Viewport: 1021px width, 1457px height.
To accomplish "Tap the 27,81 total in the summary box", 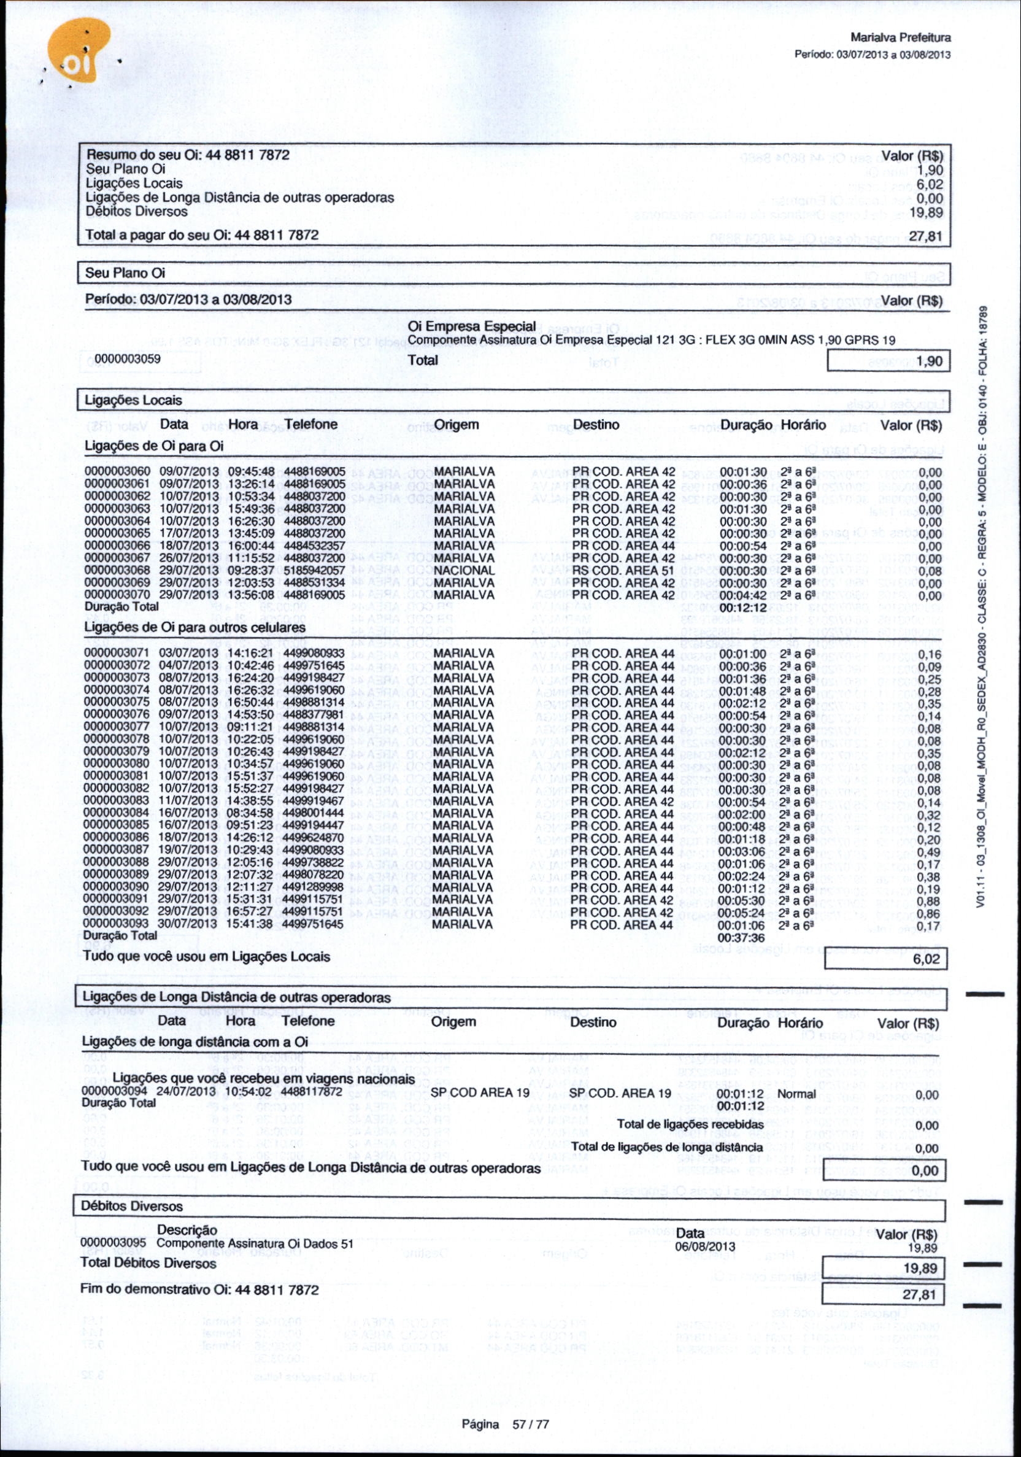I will tap(926, 238).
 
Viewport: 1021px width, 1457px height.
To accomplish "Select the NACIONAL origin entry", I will tap(463, 570).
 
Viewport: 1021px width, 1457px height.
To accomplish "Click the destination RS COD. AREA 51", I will tap(623, 570).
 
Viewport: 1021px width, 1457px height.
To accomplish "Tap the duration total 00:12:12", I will tap(743, 608).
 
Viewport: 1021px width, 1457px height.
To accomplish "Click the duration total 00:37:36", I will tap(742, 937).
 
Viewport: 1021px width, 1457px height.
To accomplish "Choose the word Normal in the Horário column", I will tap(796, 1094).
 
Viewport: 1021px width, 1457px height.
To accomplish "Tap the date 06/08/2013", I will tap(705, 1247).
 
